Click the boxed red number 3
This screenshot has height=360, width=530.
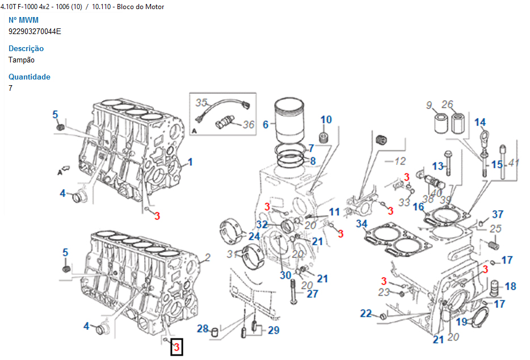click(x=176, y=346)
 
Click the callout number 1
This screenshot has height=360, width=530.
click(x=190, y=162)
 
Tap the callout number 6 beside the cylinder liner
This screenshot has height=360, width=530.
click(x=266, y=123)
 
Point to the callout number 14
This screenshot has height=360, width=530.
click(x=480, y=122)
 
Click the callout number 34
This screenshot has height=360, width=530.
click(x=361, y=224)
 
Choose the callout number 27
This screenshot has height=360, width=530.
click(x=313, y=294)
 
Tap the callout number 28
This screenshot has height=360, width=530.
click(x=203, y=329)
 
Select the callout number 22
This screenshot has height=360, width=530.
click(x=366, y=313)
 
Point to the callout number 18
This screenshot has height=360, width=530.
click(x=510, y=286)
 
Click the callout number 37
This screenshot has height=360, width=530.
click(x=497, y=214)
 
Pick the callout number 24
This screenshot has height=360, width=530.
click(x=254, y=236)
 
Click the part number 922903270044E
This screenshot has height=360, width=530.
click(x=35, y=31)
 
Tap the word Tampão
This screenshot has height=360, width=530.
click(x=22, y=60)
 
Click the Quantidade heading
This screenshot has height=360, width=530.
click(x=30, y=77)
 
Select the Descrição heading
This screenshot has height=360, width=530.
click(x=26, y=48)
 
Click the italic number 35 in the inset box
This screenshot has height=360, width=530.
click(x=201, y=103)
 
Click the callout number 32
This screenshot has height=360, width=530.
click(x=262, y=224)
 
